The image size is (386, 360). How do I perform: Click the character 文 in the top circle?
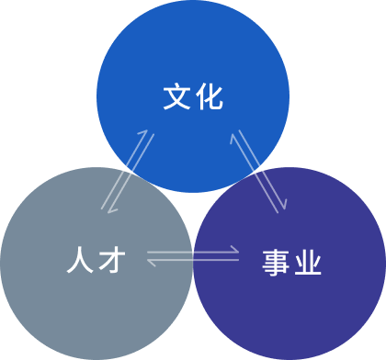pos(176,96)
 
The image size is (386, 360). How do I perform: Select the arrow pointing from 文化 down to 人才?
pos(133,174)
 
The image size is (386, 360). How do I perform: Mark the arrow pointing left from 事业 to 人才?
pos(193,262)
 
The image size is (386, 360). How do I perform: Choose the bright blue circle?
pos(193,55)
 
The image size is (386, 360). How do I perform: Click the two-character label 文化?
pos(193,96)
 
